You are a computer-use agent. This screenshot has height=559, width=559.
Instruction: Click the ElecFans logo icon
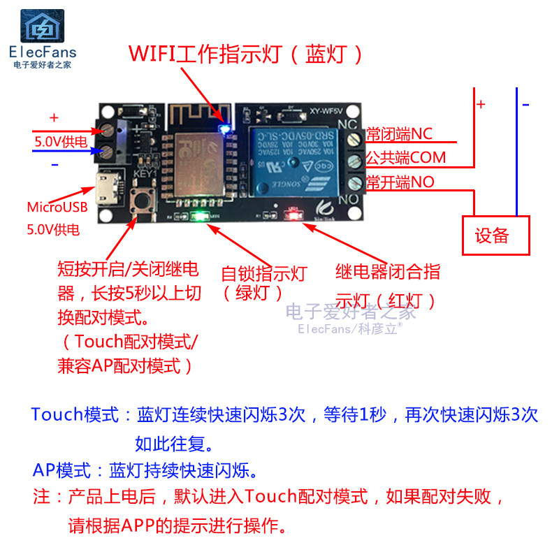click(43, 27)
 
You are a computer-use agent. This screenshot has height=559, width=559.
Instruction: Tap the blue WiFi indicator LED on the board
click(224, 127)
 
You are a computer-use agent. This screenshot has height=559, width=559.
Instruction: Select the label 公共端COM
click(406, 158)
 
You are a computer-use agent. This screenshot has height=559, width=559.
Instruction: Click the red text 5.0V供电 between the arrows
click(61, 142)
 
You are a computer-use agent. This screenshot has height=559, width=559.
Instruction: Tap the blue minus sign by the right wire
click(525, 105)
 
